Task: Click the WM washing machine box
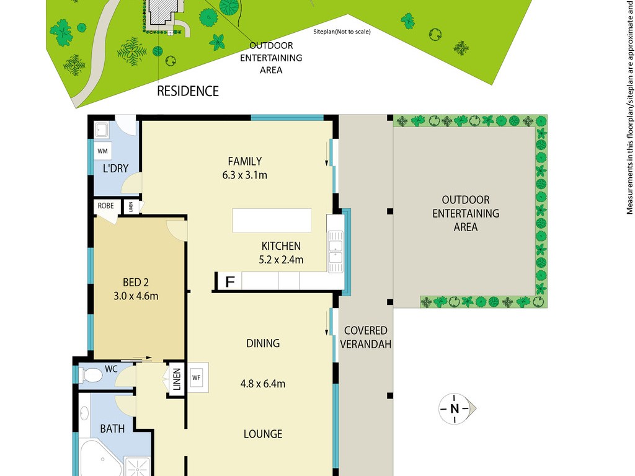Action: coord(102,151)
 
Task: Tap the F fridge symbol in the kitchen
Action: coord(229,281)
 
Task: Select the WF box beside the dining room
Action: coord(197,377)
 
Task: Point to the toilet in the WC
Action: coord(90,375)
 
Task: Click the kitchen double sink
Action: coord(335,252)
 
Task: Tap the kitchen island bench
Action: coord(272,220)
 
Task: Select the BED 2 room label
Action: coord(136,282)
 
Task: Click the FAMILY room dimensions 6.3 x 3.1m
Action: coord(244,175)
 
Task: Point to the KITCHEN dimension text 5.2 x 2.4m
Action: coord(281,260)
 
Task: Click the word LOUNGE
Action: coord(263,434)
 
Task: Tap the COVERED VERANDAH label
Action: coord(365,337)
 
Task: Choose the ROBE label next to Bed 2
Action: coord(105,206)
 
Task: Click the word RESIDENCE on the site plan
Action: coord(188,91)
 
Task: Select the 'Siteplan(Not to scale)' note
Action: coord(342,31)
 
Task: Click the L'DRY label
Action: coord(115,169)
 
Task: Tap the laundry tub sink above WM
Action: coord(101,130)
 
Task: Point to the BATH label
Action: coord(112,428)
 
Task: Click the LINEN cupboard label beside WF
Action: coord(177,379)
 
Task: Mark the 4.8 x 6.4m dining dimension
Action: coord(263,383)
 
